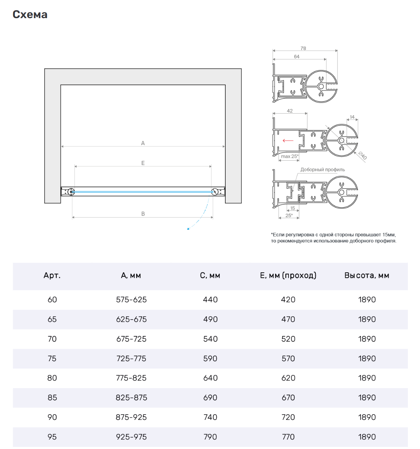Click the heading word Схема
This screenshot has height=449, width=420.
click(30, 15)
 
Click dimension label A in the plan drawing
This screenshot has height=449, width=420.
click(143, 143)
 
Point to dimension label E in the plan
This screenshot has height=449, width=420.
click(143, 163)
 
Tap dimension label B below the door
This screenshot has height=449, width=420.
click(143, 214)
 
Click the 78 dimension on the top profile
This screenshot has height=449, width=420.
click(303, 48)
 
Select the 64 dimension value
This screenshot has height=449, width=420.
click(297, 57)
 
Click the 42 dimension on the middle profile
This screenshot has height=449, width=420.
click(290, 111)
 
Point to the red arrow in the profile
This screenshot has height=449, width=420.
click(288, 140)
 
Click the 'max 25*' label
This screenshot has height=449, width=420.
click(290, 156)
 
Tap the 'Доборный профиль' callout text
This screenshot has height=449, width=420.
click(323, 170)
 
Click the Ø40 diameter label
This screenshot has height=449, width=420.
click(362, 155)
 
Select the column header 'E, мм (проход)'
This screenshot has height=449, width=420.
click(288, 276)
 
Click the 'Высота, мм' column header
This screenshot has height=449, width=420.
click(367, 276)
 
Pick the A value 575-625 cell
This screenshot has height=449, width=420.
click(131, 300)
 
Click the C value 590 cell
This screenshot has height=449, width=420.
click(210, 359)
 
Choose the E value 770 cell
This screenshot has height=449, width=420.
click(288, 437)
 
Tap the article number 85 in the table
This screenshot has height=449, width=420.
click(52, 398)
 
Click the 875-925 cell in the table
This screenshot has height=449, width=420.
click(131, 417)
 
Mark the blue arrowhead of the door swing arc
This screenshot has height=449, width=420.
click(188, 229)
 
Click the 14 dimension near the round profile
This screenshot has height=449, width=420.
click(352, 117)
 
